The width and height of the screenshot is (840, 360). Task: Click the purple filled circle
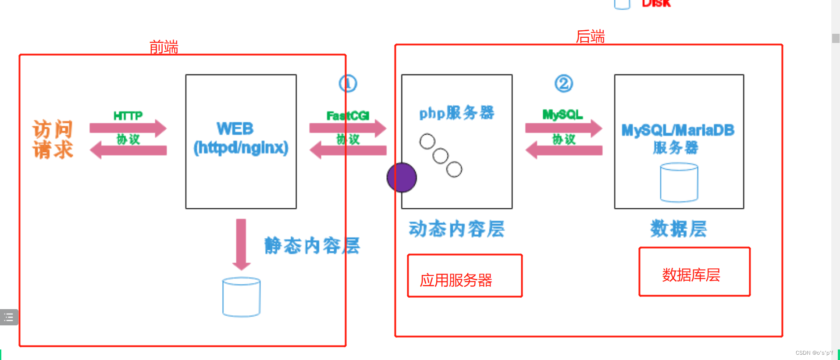coord(402,178)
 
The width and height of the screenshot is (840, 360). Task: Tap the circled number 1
coord(348,83)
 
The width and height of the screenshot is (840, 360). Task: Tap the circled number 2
coord(564,83)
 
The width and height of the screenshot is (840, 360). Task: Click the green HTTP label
coord(128,116)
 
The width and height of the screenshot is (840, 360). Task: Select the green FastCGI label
coord(348,116)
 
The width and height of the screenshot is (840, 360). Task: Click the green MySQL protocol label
coord(562,115)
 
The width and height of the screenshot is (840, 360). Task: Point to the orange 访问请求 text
coord(53,139)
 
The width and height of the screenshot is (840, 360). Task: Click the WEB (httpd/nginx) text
coord(241,139)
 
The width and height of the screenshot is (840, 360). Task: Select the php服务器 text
coord(456,113)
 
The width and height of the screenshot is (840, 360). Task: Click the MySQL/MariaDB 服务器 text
coord(677,138)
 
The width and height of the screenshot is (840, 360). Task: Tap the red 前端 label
coord(164,47)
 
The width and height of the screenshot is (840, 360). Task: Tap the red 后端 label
coord(590,36)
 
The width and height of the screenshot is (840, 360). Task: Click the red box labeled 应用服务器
coord(465,276)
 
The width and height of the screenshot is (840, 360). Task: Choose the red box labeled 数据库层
coord(694,272)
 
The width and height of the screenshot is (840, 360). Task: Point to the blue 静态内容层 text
coord(312,246)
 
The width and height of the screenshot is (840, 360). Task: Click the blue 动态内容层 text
coord(456,229)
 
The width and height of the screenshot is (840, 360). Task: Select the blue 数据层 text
coord(678,229)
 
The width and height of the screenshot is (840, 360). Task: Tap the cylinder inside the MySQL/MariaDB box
coord(679,182)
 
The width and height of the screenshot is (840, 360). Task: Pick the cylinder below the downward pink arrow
coord(241,297)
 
